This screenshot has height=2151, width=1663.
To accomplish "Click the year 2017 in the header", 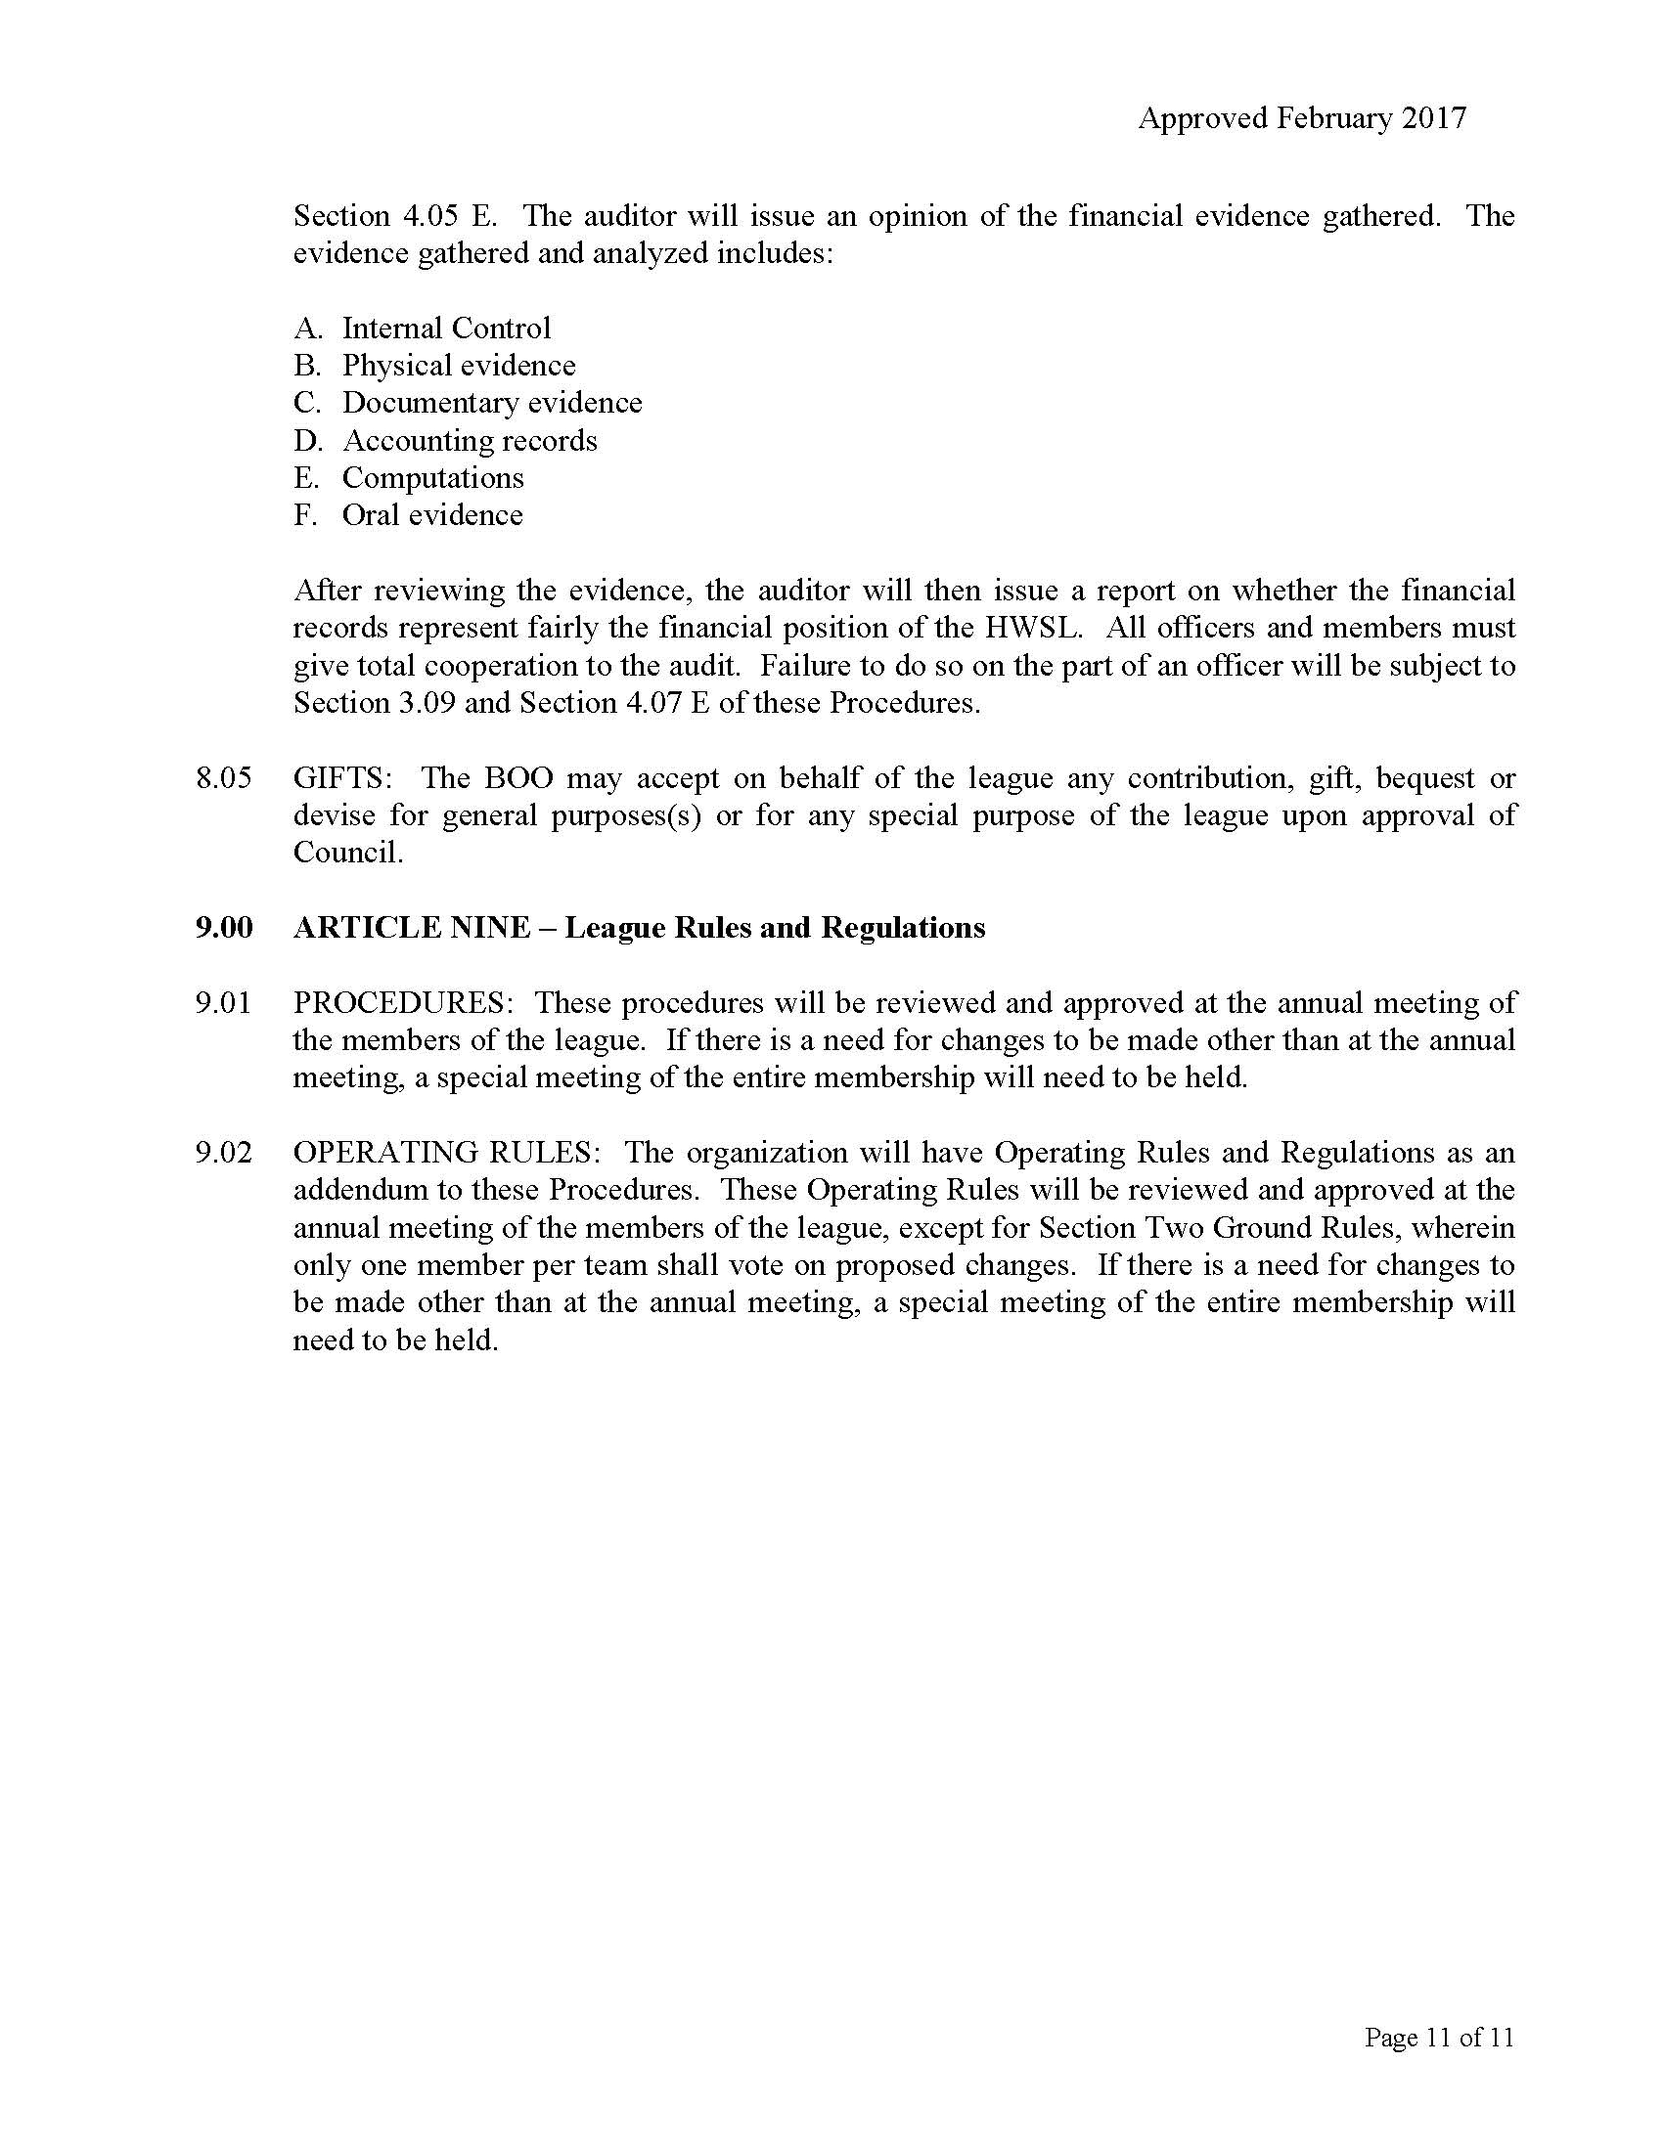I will point(1433,118).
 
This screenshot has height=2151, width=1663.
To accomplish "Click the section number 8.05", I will point(224,778).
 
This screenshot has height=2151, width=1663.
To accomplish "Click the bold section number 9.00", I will point(224,928).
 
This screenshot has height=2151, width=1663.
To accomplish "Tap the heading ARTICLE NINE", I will point(412,928).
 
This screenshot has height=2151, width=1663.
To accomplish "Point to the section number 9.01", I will point(224,1002).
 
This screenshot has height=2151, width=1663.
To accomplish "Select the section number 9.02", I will point(224,1153).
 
